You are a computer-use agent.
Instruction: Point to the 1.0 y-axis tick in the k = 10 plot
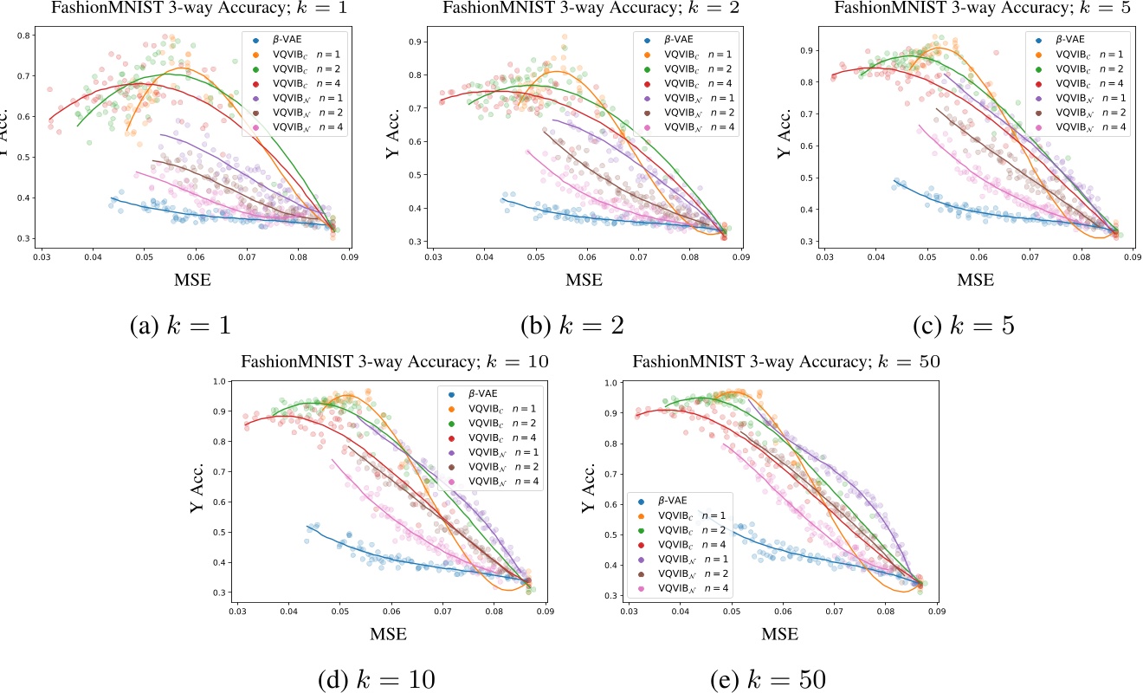(218, 381)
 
